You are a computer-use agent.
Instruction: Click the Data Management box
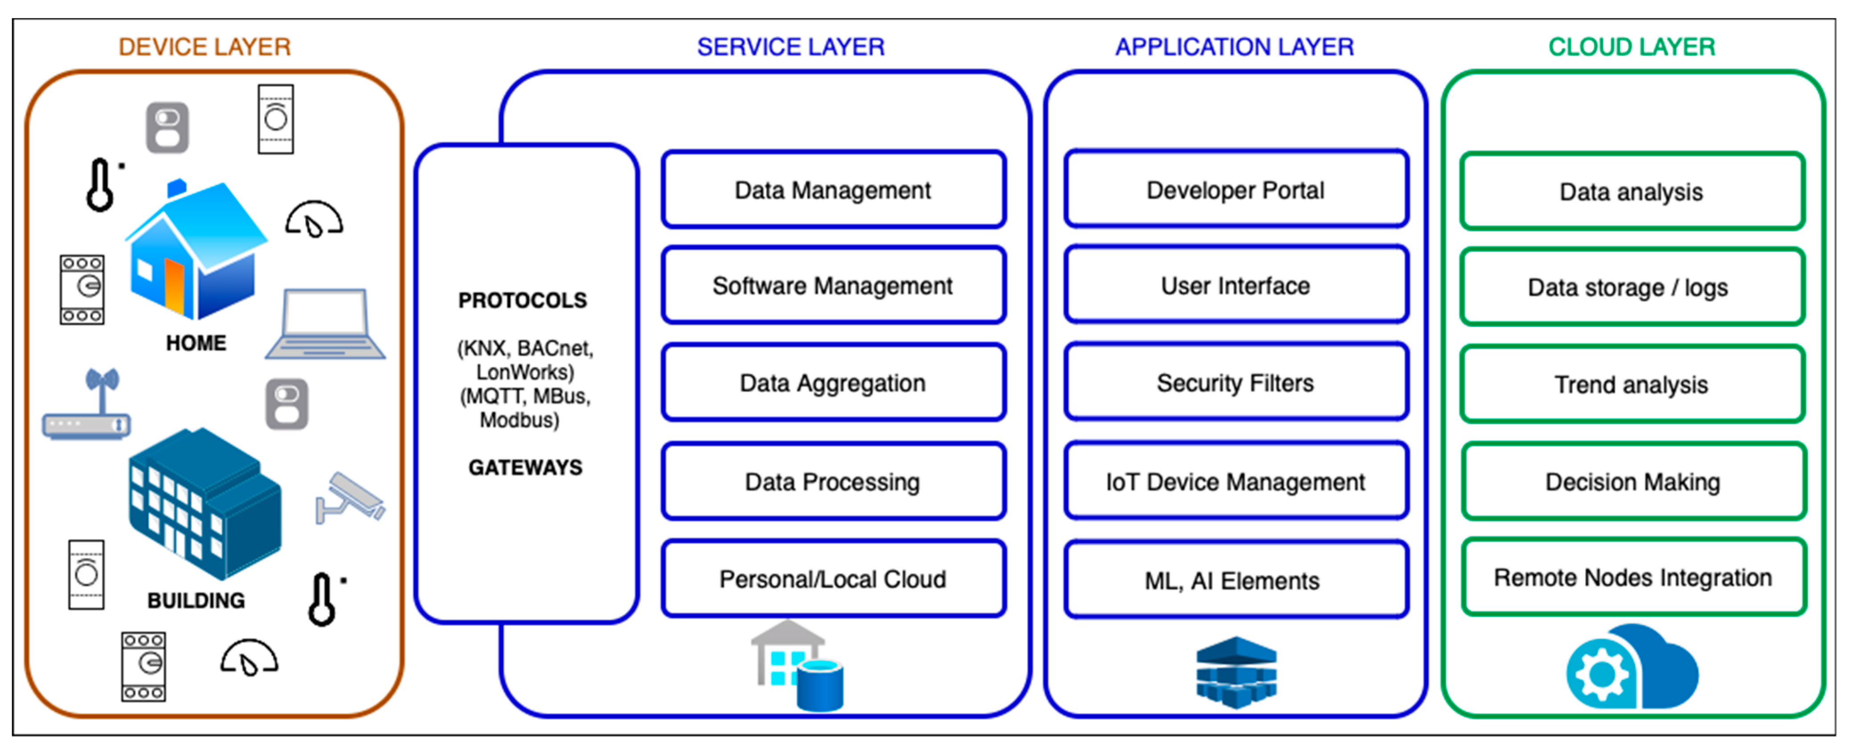[833, 190]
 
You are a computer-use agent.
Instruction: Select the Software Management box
[833, 285]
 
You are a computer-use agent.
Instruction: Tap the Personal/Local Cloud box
[833, 579]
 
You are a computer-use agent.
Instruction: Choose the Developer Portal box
[1235, 190]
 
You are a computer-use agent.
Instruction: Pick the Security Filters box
[1235, 383]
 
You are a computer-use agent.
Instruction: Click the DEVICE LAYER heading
[205, 47]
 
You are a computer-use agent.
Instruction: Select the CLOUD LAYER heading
[1632, 47]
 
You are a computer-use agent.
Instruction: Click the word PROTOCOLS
[522, 300]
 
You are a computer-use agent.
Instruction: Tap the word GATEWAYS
[525, 468]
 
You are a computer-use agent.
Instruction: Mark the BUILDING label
[196, 600]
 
